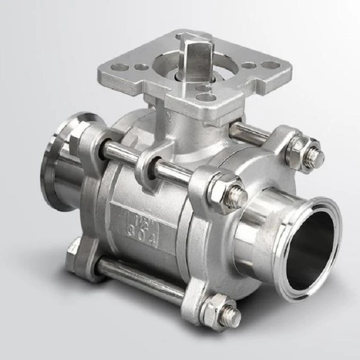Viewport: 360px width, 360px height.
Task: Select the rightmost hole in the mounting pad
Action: (x=271, y=65)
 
